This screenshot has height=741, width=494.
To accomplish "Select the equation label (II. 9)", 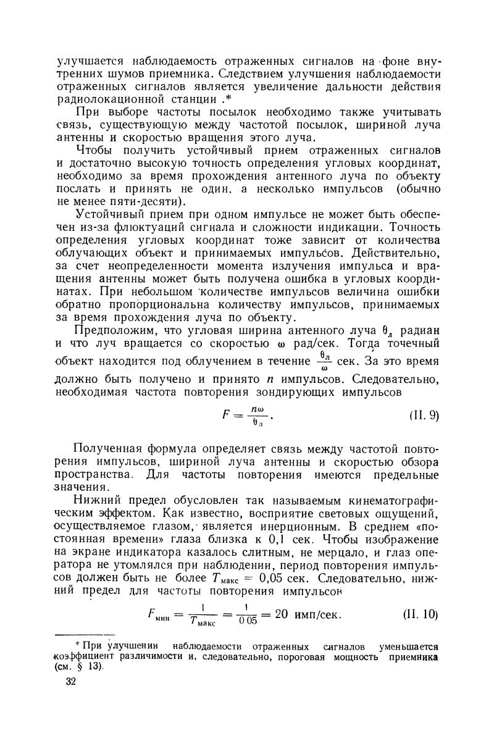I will [424, 415].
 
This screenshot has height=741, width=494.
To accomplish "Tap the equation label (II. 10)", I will [419, 614].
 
